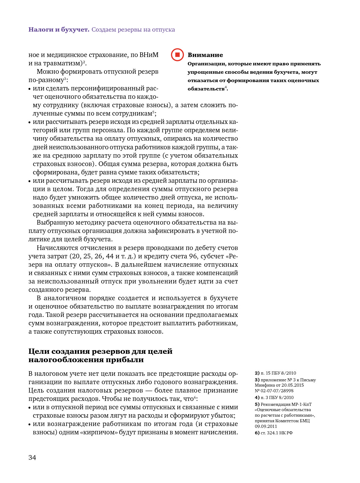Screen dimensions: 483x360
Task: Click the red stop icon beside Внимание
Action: (x=177, y=55)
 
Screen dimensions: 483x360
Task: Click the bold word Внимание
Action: (x=205, y=55)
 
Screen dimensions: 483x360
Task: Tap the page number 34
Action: (x=32, y=458)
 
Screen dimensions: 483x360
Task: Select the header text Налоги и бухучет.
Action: (x=59, y=30)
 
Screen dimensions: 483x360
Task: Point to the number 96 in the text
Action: (x=193, y=256)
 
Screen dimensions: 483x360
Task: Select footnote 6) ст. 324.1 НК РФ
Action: (x=274, y=433)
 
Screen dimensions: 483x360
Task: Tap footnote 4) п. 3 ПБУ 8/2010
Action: (x=274, y=397)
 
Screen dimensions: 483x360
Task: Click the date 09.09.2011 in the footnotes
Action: (x=266, y=426)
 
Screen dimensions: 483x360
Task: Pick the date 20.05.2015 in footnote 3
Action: (x=293, y=385)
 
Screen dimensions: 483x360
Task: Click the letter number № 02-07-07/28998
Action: (x=274, y=391)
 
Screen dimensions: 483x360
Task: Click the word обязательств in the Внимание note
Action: (x=206, y=89)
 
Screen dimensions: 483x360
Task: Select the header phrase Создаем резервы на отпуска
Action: (x=133, y=30)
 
